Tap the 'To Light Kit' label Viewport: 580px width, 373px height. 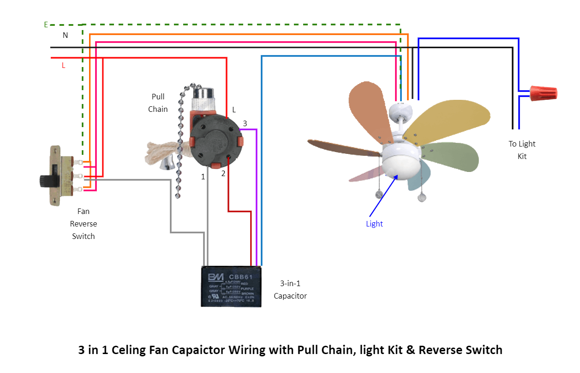pos(522,150)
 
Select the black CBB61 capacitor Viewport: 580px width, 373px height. pos(231,287)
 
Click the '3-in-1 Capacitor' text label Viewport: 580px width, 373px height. pos(290,289)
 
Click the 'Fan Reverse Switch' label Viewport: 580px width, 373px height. pos(83,224)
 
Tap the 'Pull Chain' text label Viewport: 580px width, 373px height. pos(158,103)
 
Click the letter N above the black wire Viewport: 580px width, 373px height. pos(65,36)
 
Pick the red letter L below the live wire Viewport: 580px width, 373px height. pos(64,66)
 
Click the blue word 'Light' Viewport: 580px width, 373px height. pos(374,224)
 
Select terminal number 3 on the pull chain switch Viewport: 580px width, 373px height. pos(245,123)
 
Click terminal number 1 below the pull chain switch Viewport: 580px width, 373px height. pos(203,177)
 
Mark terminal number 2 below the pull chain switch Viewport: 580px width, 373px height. pos(223,174)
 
